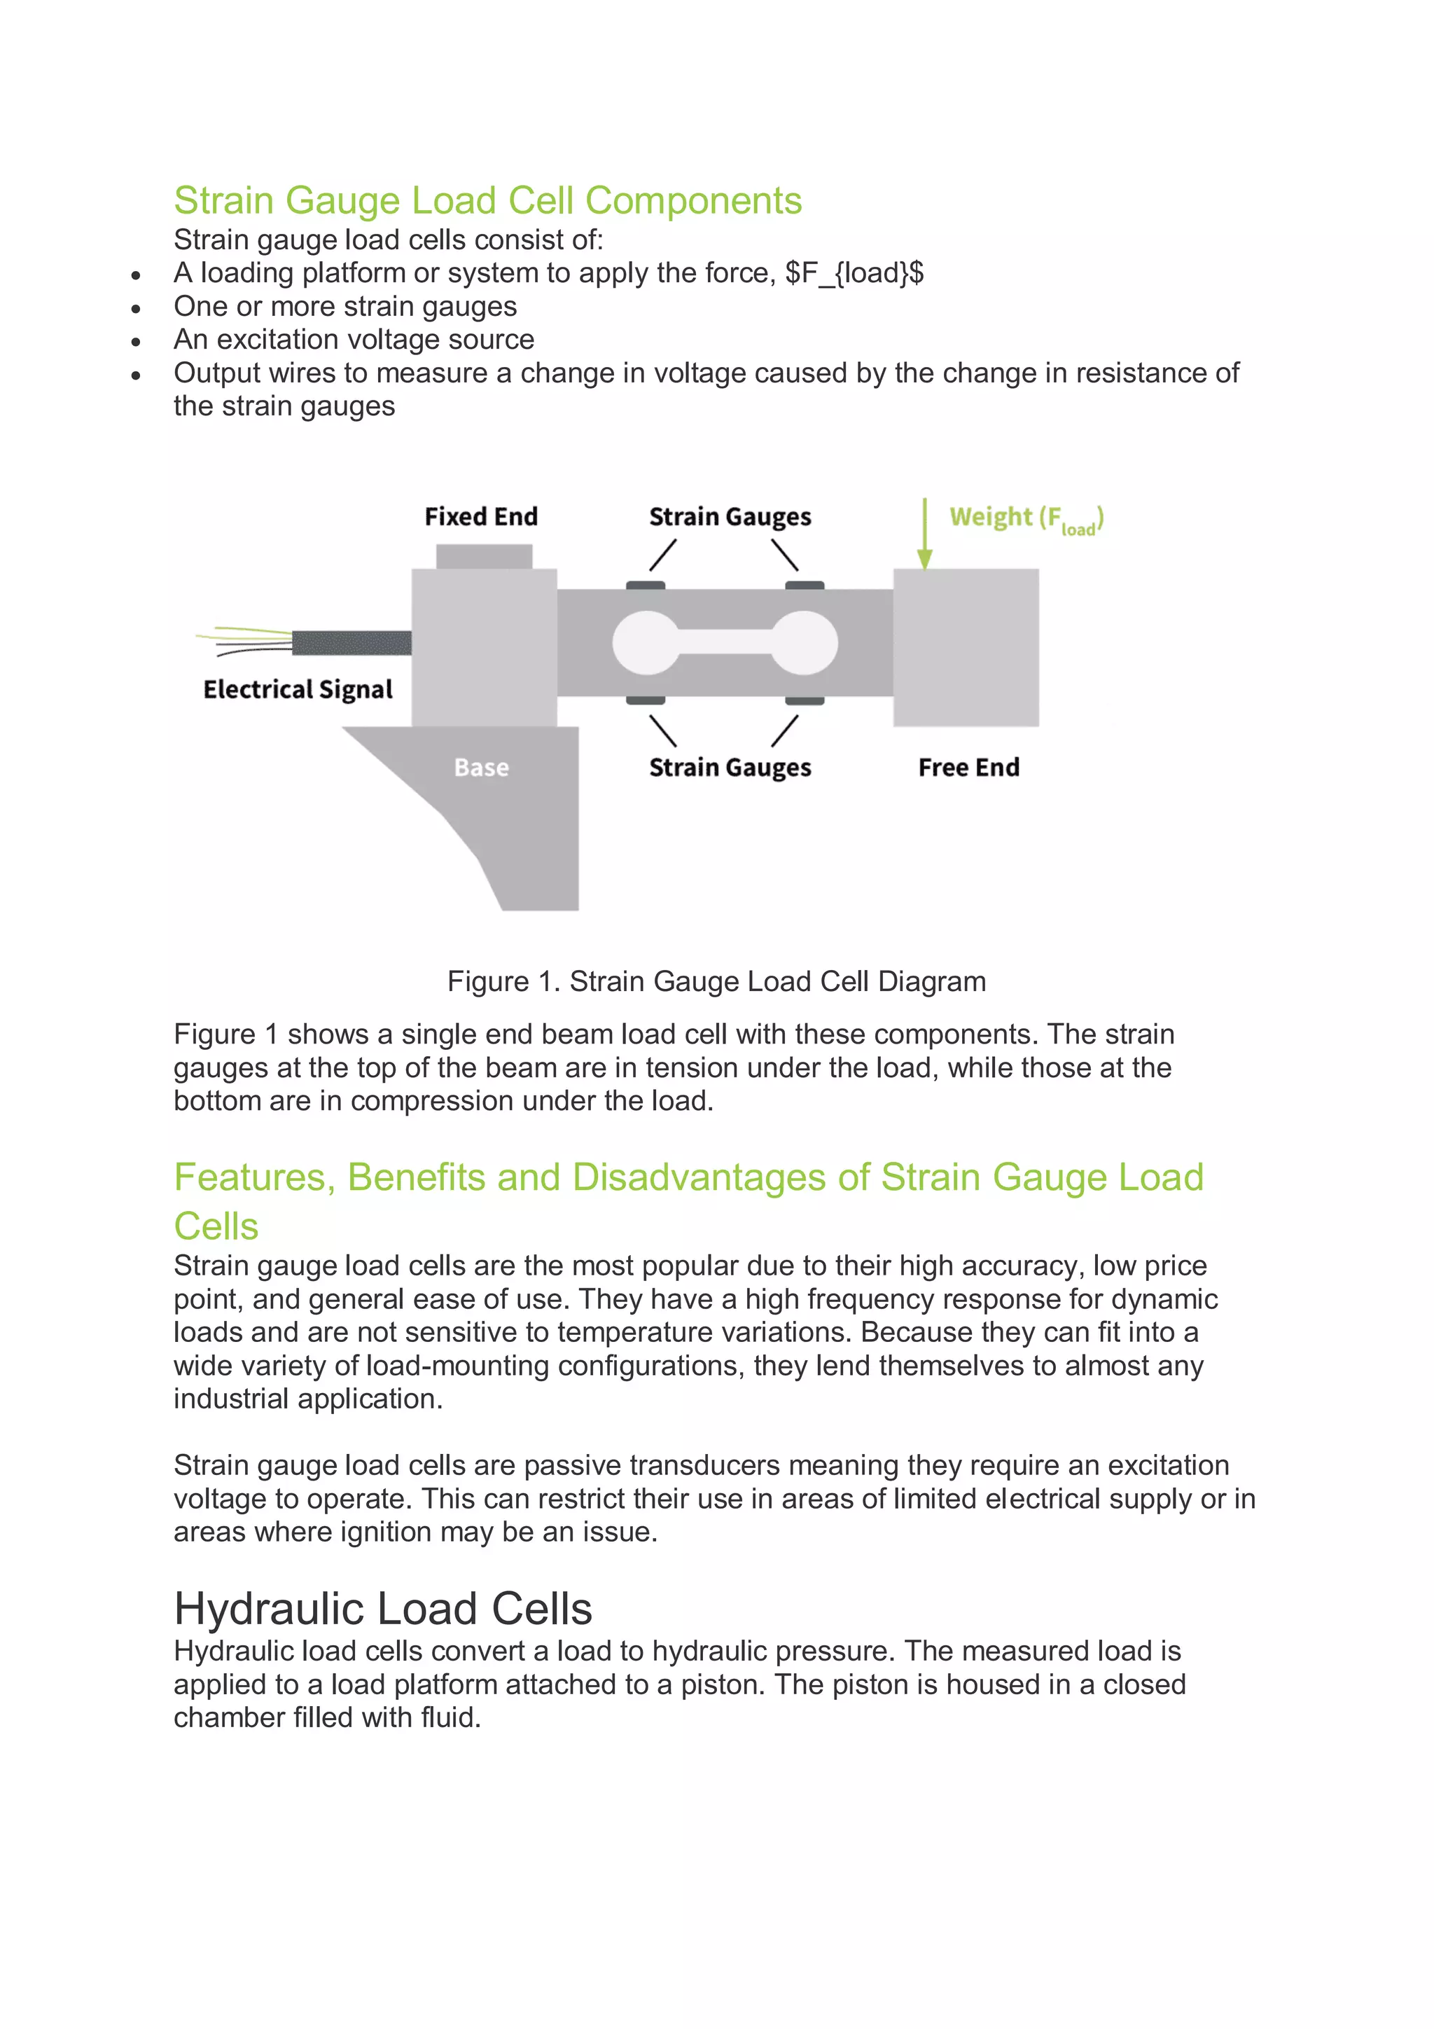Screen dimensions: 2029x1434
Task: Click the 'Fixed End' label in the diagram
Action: pos(480,516)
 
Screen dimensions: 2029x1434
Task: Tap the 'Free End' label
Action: pos(968,767)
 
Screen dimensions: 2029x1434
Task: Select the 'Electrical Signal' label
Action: pos(298,689)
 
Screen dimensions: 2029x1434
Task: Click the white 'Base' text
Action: pos(482,767)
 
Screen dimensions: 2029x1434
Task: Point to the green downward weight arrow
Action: pos(924,534)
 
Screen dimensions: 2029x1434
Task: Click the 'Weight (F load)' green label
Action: pos(1026,519)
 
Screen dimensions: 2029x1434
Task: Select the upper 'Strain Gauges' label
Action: pos(730,517)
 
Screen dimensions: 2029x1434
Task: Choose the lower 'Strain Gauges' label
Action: pos(730,768)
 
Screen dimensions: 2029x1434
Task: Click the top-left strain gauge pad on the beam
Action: pos(645,585)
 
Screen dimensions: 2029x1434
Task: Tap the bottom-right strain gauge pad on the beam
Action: pos(804,701)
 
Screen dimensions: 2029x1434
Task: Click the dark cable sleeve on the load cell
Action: pos(351,642)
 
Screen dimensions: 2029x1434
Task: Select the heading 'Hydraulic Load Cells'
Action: pos(382,1608)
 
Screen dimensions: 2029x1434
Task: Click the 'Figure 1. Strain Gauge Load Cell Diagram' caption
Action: pos(716,981)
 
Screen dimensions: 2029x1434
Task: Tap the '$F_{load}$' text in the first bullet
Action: pos(854,273)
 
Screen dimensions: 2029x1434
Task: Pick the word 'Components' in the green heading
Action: pos(694,200)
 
